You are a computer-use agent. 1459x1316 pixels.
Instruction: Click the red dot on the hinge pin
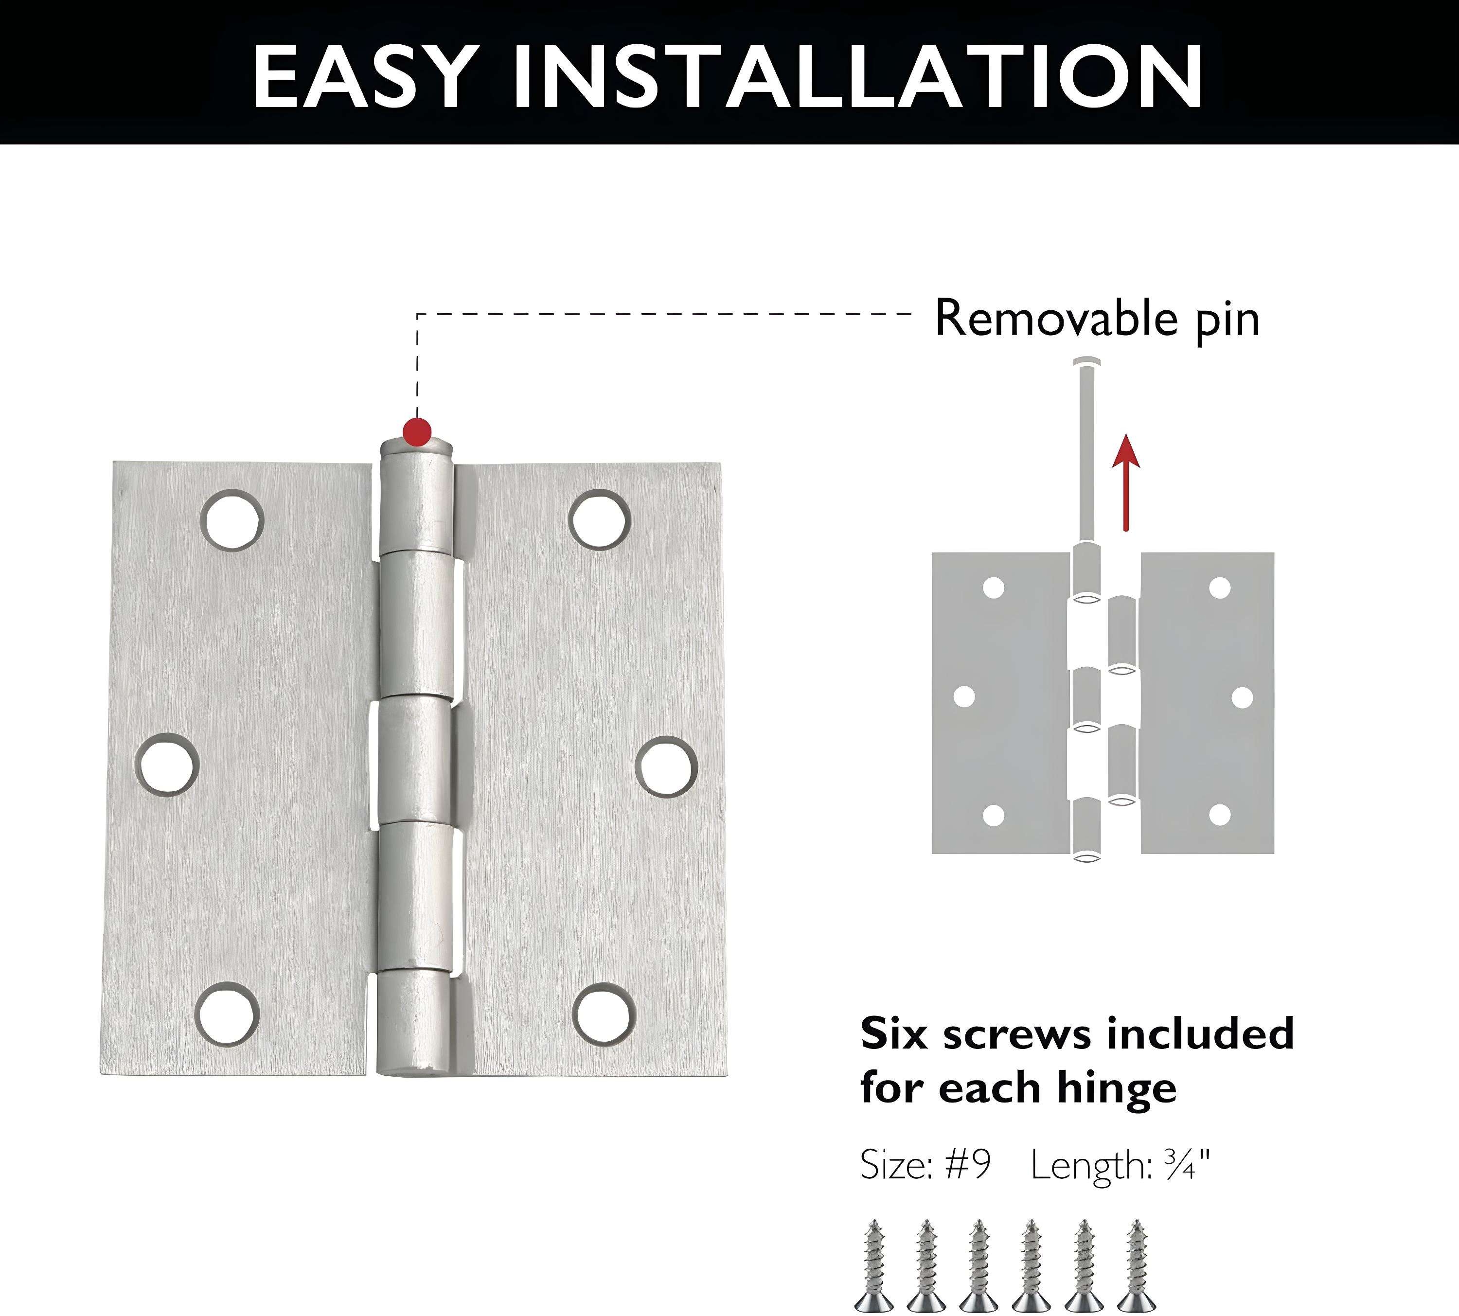tap(417, 432)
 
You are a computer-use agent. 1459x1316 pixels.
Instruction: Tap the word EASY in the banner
tap(365, 77)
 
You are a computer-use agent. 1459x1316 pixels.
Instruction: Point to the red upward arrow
tap(1126, 481)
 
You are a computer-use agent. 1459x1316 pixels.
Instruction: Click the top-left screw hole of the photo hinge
tap(232, 520)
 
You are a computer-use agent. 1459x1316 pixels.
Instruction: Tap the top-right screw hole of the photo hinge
tap(599, 519)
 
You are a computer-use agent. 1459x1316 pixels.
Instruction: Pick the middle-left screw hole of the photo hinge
tap(167, 765)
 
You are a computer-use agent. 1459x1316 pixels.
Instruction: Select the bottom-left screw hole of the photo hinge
tap(228, 1014)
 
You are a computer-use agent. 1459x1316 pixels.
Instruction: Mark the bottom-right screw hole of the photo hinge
tap(605, 1014)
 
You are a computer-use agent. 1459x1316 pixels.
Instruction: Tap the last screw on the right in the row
tap(1137, 1265)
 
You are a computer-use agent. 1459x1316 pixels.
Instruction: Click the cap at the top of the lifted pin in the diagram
tap(1086, 361)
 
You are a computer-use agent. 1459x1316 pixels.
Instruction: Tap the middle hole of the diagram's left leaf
tap(964, 696)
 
